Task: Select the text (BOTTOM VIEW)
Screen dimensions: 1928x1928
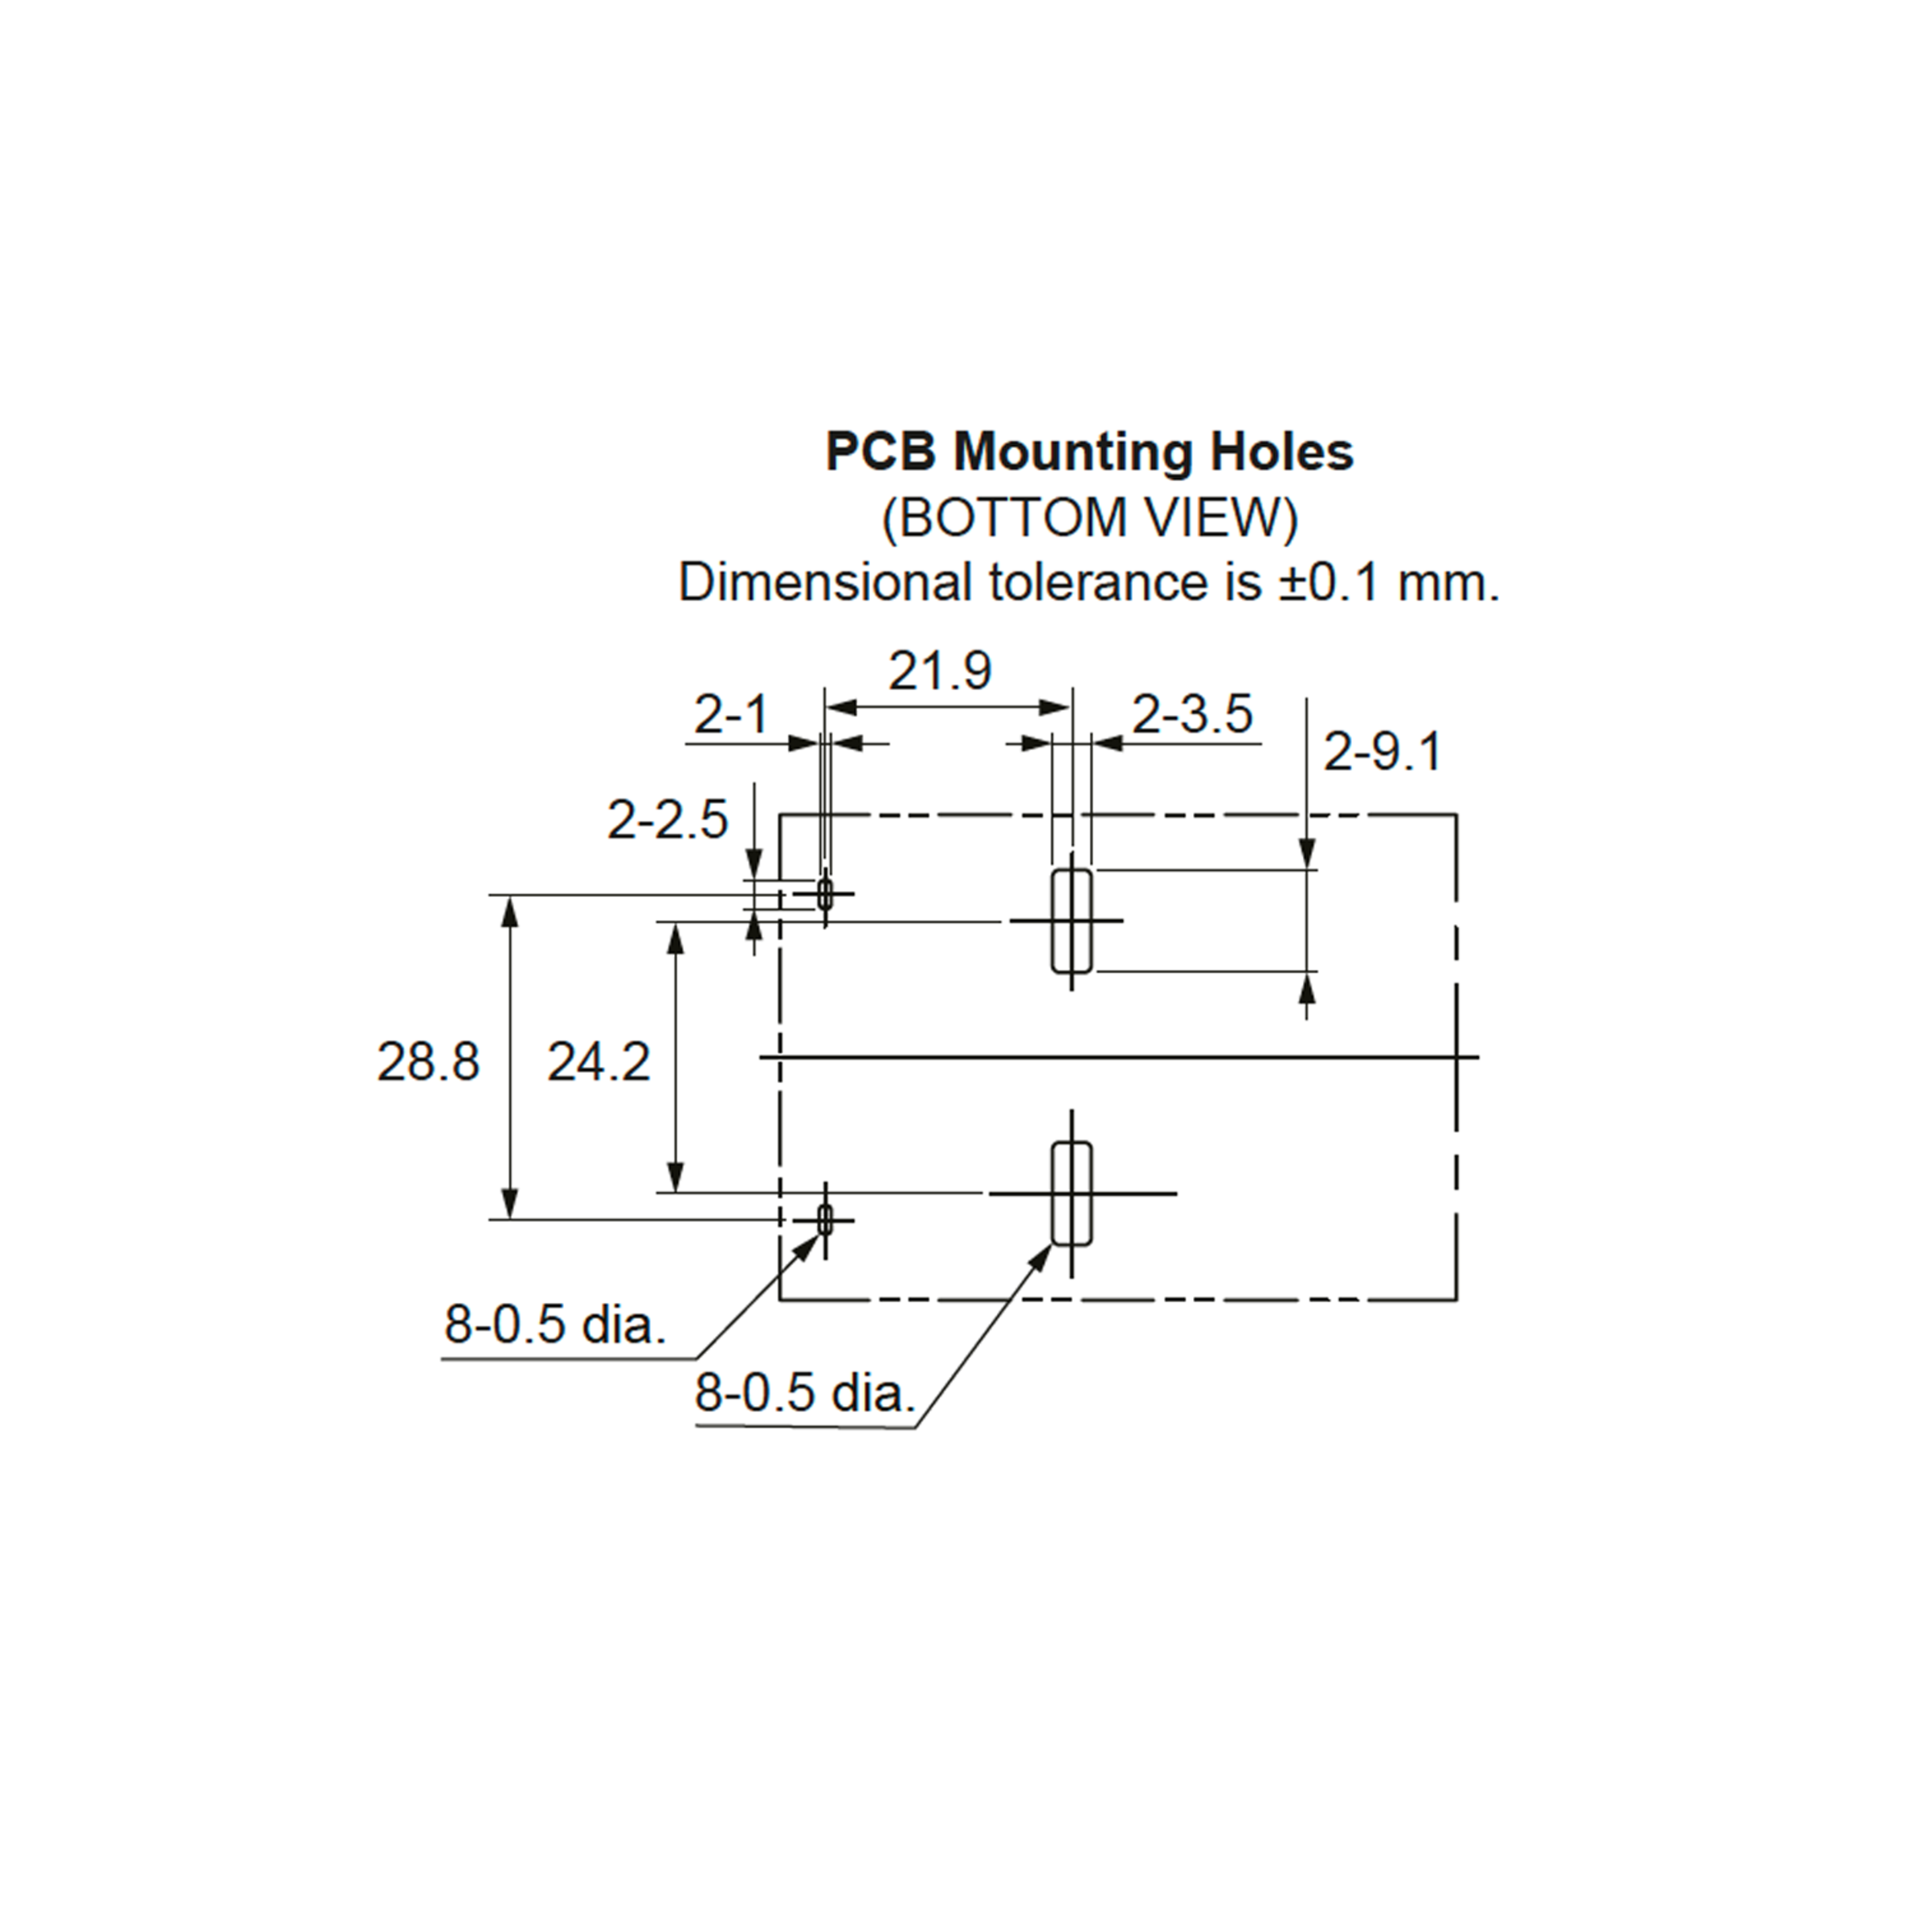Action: (1090, 518)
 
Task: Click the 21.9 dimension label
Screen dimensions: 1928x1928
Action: (940, 671)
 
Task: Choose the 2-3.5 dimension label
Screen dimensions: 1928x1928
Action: (1192, 714)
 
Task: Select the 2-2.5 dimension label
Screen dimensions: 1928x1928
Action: (668, 820)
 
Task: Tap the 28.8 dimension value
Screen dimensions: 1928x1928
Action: (428, 1062)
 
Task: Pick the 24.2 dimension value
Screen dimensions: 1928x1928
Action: (598, 1062)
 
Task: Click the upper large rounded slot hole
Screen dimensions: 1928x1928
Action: (1072, 920)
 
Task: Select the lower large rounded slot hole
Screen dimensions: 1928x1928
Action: (1072, 1194)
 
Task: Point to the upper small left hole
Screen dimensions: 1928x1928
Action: (824, 893)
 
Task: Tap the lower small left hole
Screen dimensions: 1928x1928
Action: (824, 1219)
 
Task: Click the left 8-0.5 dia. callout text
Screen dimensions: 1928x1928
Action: (555, 1325)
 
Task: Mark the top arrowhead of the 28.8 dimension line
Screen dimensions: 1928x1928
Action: (509, 911)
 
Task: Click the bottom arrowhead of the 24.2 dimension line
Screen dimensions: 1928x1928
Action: (676, 1177)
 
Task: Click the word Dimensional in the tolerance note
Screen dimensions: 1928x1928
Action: (824, 582)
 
